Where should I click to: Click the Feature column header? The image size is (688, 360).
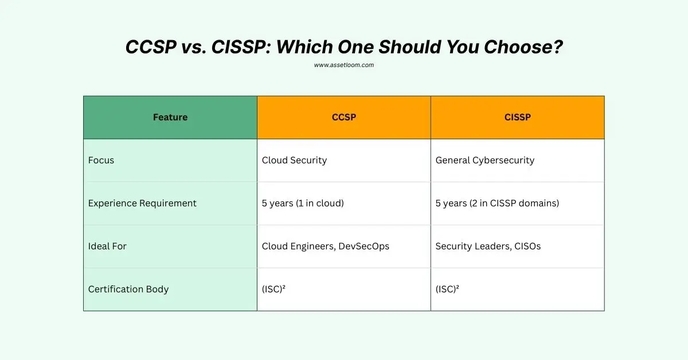pos(170,118)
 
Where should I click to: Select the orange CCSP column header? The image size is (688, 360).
pos(344,118)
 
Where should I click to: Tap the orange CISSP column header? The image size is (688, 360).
pos(518,118)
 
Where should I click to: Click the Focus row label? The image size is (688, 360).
pos(101,161)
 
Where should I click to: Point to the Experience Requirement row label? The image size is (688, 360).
pos(142,204)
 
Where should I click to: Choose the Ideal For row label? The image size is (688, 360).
pos(107,246)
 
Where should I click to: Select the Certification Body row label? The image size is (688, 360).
pos(128,289)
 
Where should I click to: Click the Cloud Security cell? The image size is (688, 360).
pos(294,161)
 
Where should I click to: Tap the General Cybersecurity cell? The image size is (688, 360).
pos(485,161)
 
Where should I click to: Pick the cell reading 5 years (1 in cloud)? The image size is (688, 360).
pos(303,204)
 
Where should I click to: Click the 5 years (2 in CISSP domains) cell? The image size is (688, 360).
pos(497,204)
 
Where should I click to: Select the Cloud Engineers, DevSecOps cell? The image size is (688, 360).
pos(326,246)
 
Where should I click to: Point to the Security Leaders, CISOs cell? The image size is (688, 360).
pos(488,246)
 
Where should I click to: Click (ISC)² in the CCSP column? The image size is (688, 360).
pos(274,289)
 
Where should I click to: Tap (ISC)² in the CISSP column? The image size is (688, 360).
pos(448,289)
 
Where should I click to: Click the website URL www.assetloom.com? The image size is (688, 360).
pos(344,65)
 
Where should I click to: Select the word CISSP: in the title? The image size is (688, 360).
pos(241,47)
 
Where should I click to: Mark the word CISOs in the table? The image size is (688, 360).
pos(526,246)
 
